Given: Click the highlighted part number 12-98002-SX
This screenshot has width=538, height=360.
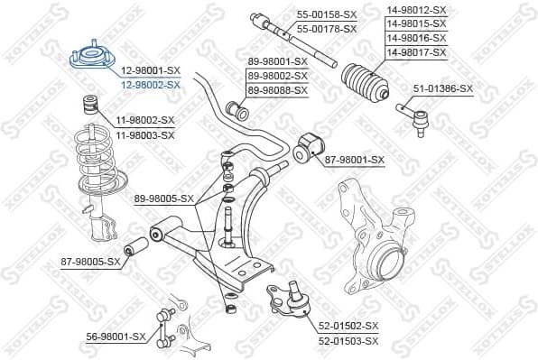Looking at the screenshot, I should pos(150,84).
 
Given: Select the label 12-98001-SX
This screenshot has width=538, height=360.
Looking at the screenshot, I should pos(150,71).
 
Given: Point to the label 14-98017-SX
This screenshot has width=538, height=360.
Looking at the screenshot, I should pos(416,53).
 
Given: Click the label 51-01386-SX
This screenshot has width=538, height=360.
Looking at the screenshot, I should pos(443,88).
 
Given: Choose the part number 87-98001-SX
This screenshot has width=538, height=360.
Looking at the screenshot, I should pos(355,160).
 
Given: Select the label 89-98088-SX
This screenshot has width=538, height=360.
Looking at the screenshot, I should pos(278,90).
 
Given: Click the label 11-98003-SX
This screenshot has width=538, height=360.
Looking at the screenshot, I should pos(144,134).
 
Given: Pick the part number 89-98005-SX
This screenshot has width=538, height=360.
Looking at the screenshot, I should pos(164,198).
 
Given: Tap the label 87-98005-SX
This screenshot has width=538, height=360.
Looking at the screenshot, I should pos(90,262).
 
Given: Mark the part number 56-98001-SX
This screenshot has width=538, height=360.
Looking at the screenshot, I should pos(116,336).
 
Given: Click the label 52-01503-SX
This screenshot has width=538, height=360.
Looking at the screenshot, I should pos(348,340).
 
